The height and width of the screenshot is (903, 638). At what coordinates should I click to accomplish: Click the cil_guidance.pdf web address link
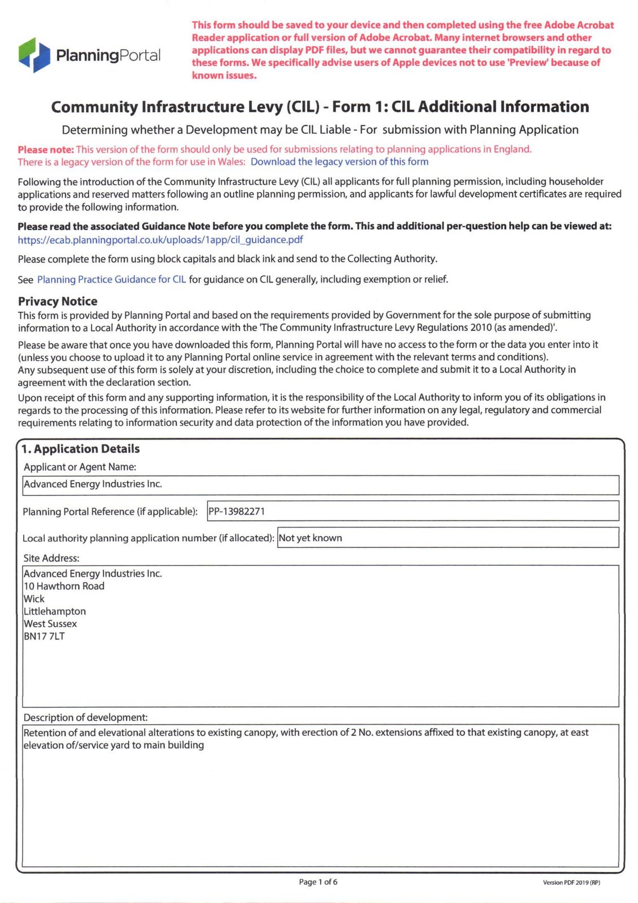click(160, 239)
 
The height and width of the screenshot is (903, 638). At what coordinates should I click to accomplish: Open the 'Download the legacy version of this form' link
click(339, 162)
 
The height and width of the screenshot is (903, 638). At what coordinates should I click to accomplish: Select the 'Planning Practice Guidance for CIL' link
click(111, 279)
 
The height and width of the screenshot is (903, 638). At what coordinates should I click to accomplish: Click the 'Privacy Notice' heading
click(58, 301)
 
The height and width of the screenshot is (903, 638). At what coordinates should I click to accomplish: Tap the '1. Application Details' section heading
click(80, 449)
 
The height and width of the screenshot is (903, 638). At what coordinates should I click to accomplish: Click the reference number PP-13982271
click(237, 511)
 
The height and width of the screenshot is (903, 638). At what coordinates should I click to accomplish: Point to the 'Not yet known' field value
click(310, 538)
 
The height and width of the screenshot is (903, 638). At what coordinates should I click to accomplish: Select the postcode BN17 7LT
click(44, 636)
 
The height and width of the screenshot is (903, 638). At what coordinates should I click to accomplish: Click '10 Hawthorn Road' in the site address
click(64, 586)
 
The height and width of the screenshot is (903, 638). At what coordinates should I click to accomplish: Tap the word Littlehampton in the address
click(55, 611)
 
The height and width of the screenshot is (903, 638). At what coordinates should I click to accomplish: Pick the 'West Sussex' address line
click(50, 624)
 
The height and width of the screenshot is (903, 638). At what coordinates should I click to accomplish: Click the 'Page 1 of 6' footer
click(318, 882)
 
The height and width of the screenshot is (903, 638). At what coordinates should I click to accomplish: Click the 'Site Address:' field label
click(51, 558)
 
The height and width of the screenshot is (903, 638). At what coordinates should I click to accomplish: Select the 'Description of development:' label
click(85, 717)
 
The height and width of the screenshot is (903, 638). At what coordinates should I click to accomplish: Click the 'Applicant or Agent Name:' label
click(80, 467)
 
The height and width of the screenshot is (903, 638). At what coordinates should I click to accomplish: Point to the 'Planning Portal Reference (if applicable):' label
click(110, 512)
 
